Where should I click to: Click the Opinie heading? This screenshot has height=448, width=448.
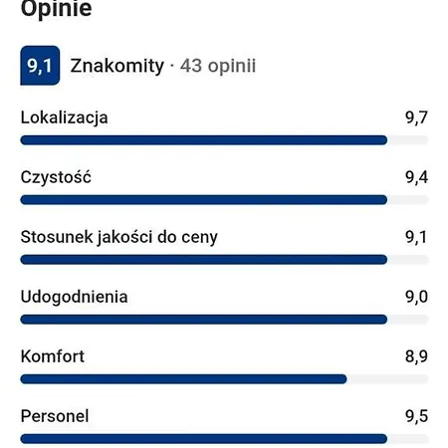56,11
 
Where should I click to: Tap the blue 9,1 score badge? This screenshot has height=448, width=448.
40,67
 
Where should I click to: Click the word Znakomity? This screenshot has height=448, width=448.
116,67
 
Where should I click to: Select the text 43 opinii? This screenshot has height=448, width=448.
218,67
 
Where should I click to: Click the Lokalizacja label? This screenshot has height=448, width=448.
64,117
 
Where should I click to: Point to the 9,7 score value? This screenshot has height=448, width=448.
416,117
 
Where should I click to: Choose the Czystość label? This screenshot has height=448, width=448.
56,177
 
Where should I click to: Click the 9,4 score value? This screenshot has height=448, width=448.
416,177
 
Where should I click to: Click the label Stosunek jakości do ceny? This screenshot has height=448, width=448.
118,237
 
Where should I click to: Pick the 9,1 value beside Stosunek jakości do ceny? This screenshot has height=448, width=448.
416,237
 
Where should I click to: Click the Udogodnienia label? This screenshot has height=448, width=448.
74,297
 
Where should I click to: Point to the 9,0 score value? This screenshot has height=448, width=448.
416,297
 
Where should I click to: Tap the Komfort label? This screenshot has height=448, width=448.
52,356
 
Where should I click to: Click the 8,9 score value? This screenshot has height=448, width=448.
416,356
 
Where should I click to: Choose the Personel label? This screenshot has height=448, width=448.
55,416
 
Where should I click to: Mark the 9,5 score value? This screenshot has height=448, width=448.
416,416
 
